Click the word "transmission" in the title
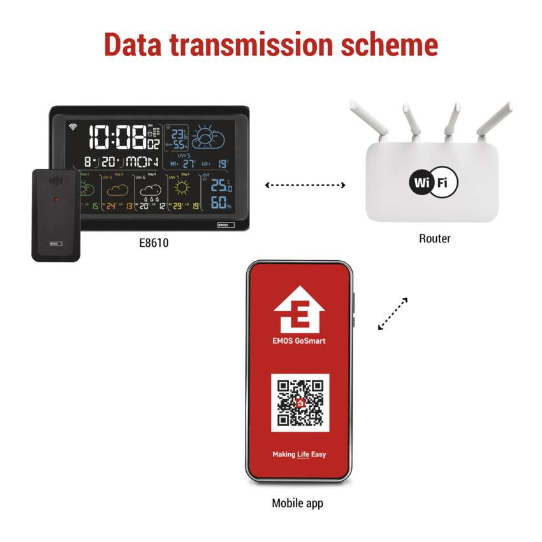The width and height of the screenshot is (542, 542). (x=270, y=45)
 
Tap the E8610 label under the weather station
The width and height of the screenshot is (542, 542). (x=153, y=243)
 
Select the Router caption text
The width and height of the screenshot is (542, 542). (x=434, y=238)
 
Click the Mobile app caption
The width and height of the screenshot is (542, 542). (x=297, y=503)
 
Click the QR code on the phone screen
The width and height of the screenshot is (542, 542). (x=300, y=402)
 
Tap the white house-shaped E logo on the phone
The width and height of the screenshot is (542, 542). (x=299, y=309)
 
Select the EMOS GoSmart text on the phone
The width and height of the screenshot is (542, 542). (x=299, y=341)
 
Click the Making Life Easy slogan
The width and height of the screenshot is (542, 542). (x=299, y=455)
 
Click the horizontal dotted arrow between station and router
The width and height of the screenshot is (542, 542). (x=305, y=186)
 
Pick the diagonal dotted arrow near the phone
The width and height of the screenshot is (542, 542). (x=392, y=314)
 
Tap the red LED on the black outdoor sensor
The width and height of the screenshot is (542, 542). (x=56, y=200)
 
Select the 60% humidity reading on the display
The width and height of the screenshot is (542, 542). (x=221, y=203)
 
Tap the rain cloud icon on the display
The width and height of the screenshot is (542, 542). (x=150, y=191)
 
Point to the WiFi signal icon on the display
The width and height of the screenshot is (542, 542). (x=73, y=126)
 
